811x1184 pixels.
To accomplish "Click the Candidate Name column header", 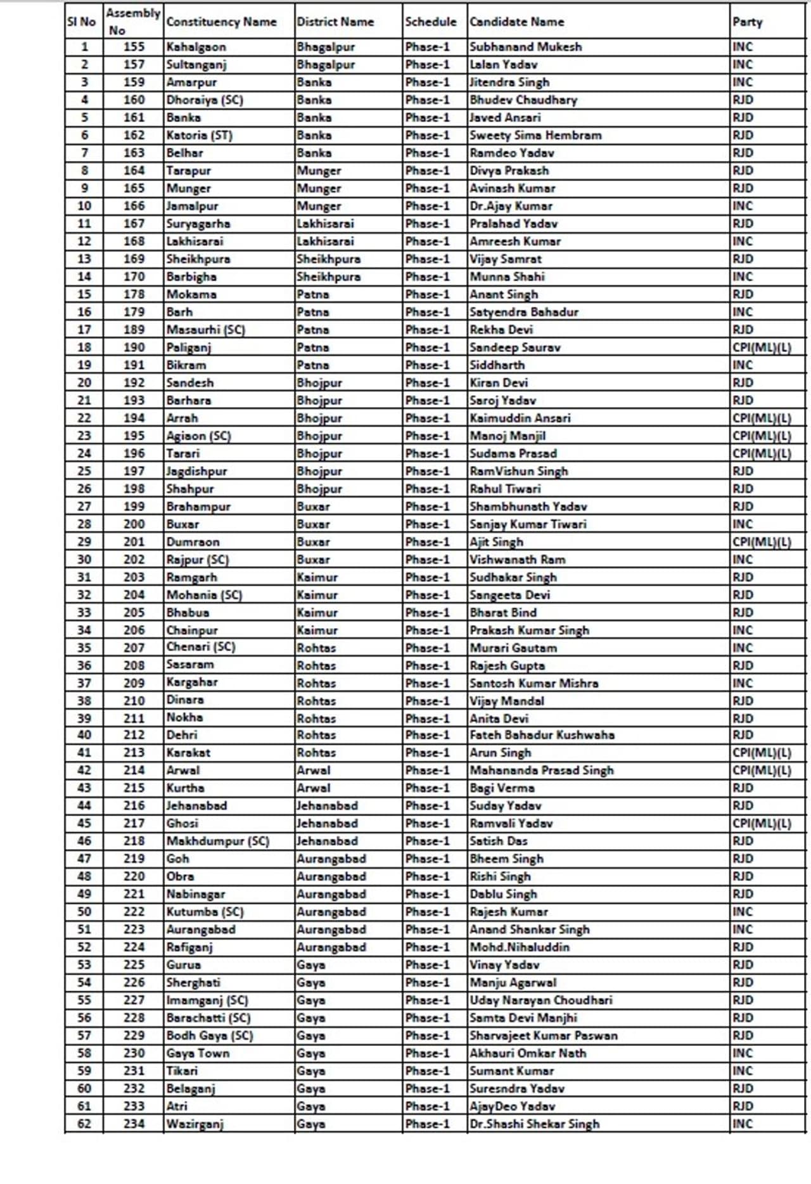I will pos(517,22).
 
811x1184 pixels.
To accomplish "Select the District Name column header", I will pos(335,22).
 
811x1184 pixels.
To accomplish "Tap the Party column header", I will pos(748,22).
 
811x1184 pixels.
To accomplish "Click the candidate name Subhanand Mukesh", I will pos(525,47).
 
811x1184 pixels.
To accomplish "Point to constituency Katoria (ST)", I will pos(199,135).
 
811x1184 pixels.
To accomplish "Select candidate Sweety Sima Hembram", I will pos(535,135).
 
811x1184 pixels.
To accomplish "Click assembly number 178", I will pos(134,294).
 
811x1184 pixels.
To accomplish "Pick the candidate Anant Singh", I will pos(504,294).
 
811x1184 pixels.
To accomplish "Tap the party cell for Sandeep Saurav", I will pos(762,348).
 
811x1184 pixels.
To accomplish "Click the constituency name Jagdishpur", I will pos(196,471).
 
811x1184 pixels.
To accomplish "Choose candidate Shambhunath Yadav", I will pos(528,507).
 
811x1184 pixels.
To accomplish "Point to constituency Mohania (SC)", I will pos(204,595).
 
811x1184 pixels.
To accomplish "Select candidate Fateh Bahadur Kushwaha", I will pos(542,735).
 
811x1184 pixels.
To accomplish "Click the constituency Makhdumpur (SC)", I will pos(217,841).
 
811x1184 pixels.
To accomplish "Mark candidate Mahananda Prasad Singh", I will pos(542,771).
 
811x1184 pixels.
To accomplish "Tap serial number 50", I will pos(84,912).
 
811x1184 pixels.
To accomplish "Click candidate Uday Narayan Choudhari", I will pos(541,1000).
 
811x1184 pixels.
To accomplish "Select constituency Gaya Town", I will pos(198,1054).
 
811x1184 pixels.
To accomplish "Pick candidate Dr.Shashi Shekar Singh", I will pos(534,1124).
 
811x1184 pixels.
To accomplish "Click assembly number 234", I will pos(134,1124).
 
